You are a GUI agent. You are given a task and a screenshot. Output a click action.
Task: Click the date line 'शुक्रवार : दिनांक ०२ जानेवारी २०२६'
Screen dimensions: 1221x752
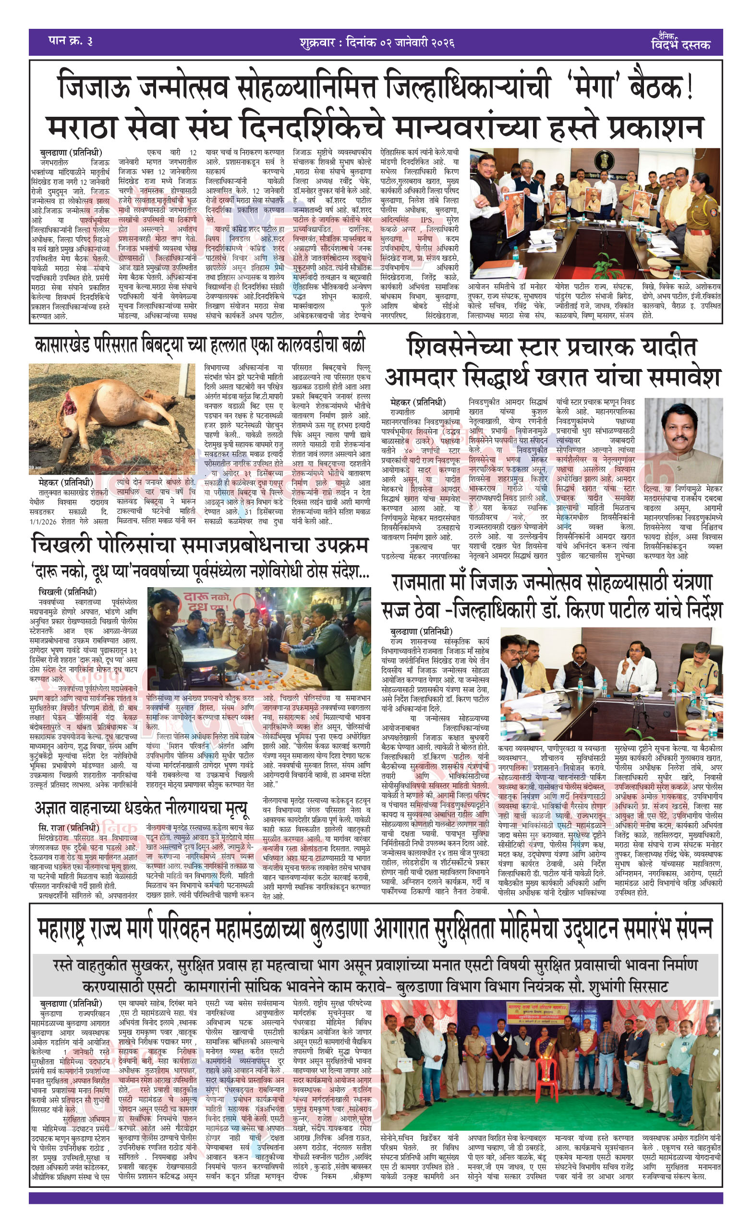pos(377,42)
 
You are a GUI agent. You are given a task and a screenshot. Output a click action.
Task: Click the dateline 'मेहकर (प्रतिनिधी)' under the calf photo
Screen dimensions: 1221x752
pos(65,482)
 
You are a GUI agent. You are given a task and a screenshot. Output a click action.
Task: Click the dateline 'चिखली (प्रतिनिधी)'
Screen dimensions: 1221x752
pos(67,592)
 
